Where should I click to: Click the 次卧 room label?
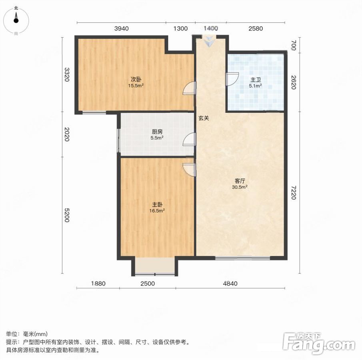(136, 80)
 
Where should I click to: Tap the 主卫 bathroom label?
(256, 80)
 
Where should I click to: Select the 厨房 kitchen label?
(157, 132)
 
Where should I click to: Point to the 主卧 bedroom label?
(157, 204)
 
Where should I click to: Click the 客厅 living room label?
(240, 181)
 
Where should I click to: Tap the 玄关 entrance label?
(204, 118)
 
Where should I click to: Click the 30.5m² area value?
(240, 187)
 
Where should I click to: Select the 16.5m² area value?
(157, 210)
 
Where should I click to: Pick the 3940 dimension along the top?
(122, 29)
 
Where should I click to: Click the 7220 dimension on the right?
(294, 192)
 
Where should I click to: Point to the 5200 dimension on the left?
(67, 215)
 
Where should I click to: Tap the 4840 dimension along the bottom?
(230, 284)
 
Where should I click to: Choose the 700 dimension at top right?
(294, 45)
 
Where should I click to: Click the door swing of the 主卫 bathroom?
(232, 79)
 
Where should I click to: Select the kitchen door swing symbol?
(189, 139)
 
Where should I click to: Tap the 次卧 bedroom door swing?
(189, 88)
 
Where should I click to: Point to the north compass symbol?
(16, 20)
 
